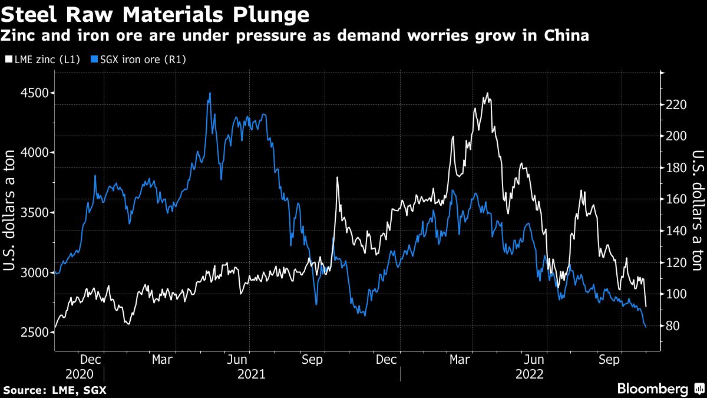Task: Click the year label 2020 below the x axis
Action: [79, 374]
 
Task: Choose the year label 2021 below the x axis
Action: [252, 374]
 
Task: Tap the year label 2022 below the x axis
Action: [529, 374]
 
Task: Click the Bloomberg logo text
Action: [652, 389]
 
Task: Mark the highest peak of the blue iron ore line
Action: [210, 93]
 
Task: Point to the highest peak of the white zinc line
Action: [487, 93]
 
